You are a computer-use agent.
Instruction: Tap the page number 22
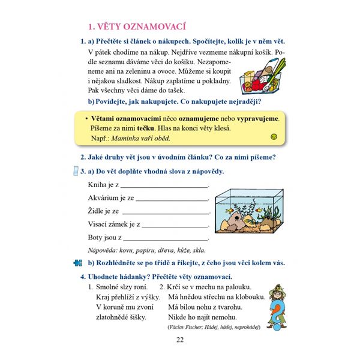[x=179, y=341]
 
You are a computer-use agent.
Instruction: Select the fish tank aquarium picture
[x=248, y=213]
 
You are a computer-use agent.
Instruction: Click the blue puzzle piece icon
[x=77, y=263]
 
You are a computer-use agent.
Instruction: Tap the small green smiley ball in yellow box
[x=274, y=137]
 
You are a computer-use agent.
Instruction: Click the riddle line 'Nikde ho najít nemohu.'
[x=203, y=317]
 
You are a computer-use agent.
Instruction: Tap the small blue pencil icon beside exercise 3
[x=75, y=172]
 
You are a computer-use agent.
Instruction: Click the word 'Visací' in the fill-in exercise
[x=99, y=224]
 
